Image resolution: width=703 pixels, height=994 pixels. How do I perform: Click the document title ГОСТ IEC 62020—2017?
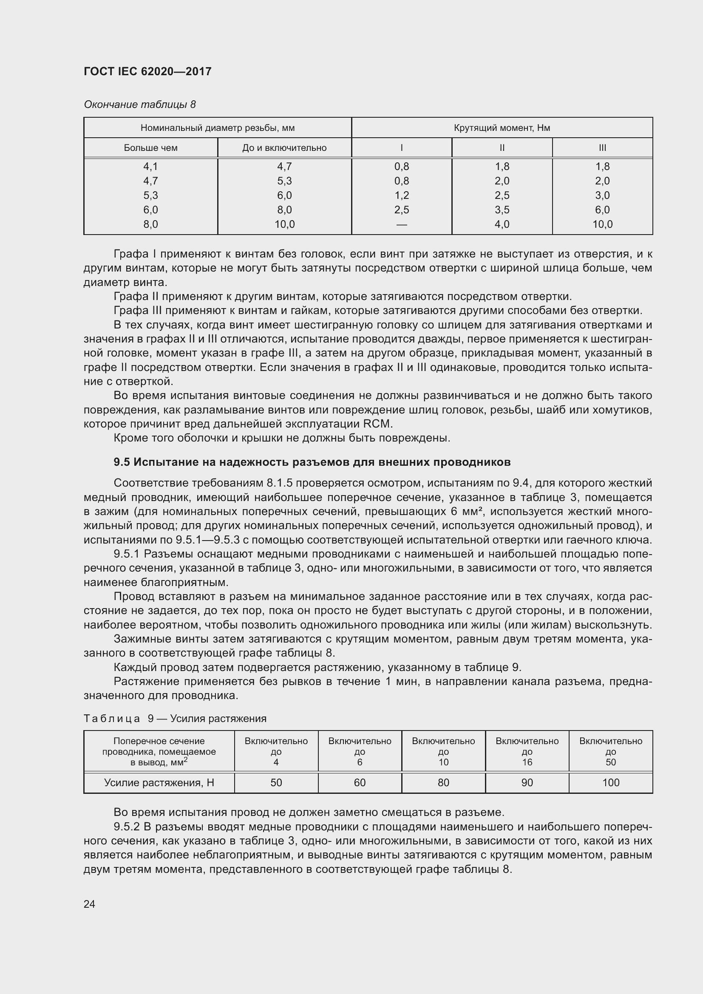click(x=147, y=71)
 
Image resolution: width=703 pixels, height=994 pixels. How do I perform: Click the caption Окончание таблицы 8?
click(x=139, y=105)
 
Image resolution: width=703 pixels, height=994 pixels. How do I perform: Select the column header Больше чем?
click(x=150, y=148)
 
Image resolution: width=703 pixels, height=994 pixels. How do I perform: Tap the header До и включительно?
click(x=284, y=148)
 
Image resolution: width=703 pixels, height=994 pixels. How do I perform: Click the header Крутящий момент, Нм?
click(x=501, y=128)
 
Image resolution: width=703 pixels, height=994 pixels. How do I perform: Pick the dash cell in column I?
click(x=401, y=224)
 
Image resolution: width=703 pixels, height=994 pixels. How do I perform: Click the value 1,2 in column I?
click(x=401, y=195)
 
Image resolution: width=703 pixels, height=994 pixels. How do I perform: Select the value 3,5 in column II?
click(x=502, y=210)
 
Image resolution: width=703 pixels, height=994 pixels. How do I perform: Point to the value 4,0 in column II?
click(x=502, y=224)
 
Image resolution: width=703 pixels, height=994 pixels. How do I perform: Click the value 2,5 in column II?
click(x=502, y=195)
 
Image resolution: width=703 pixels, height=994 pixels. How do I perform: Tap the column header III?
click(x=602, y=148)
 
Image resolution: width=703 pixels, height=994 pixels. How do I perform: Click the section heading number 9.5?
click(x=122, y=462)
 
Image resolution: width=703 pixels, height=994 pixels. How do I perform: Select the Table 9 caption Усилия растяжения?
click(x=218, y=719)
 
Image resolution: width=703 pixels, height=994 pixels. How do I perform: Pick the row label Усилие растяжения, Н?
click(x=159, y=783)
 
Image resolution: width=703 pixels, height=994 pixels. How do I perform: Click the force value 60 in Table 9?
click(x=359, y=783)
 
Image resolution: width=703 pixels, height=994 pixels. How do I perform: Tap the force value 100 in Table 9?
click(x=610, y=783)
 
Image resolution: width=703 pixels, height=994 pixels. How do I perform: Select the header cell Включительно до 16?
click(x=527, y=752)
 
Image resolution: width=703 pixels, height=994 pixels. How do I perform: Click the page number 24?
click(x=89, y=904)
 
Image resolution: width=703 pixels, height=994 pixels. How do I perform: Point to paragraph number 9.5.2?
click(x=126, y=827)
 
